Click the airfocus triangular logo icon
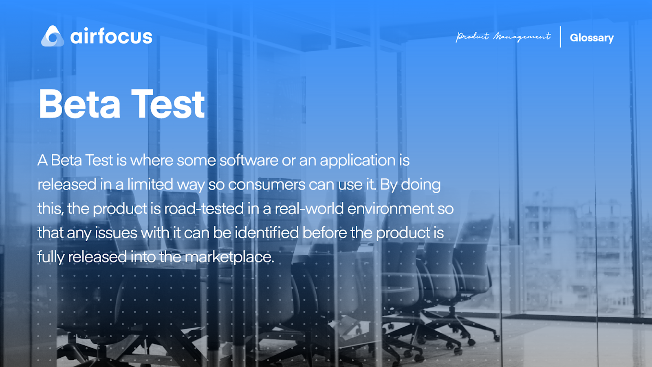click(x=53, y=36)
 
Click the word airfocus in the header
click(x=111, y=37)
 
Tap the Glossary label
click(x=591, y=38)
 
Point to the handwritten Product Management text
click(x=503, y=37)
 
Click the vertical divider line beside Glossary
click(x=560, y=37)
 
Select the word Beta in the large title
click(x=80, y=105)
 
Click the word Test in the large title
click(x=168, y=105)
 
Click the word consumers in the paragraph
click(x=267, y=185)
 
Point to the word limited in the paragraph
click(x=150, y=184)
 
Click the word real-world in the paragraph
click(x=309, y=209)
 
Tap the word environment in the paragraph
click(x=391, y=209)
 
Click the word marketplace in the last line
click(x=229, y=257)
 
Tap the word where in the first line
click(x=151, y=160)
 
